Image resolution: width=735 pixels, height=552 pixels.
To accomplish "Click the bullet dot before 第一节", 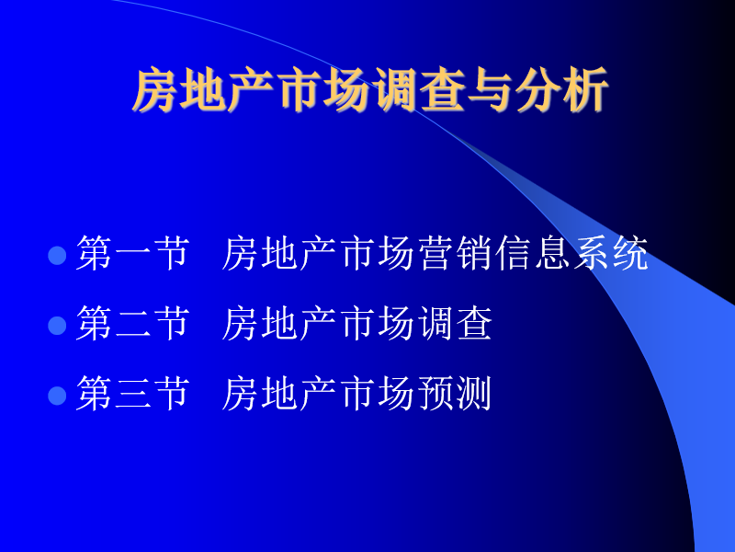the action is point(57,256).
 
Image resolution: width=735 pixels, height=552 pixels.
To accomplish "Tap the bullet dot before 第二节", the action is point(57,326).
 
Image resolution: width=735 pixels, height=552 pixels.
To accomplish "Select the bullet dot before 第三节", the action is point(57,396).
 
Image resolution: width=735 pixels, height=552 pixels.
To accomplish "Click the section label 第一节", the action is point(132,254).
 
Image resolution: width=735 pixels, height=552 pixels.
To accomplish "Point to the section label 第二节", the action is point(132,323).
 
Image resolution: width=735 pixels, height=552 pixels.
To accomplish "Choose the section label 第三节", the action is point(132,394).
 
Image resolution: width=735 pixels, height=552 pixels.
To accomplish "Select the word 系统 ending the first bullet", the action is point(611,254).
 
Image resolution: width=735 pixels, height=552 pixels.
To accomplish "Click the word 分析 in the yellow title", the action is point(562,89).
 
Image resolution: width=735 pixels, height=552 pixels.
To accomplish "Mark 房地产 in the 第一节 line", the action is point(279,254).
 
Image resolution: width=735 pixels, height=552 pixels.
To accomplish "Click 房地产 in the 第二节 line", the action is point(279,323).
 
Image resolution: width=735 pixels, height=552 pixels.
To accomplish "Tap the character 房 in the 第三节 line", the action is point(241,394).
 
